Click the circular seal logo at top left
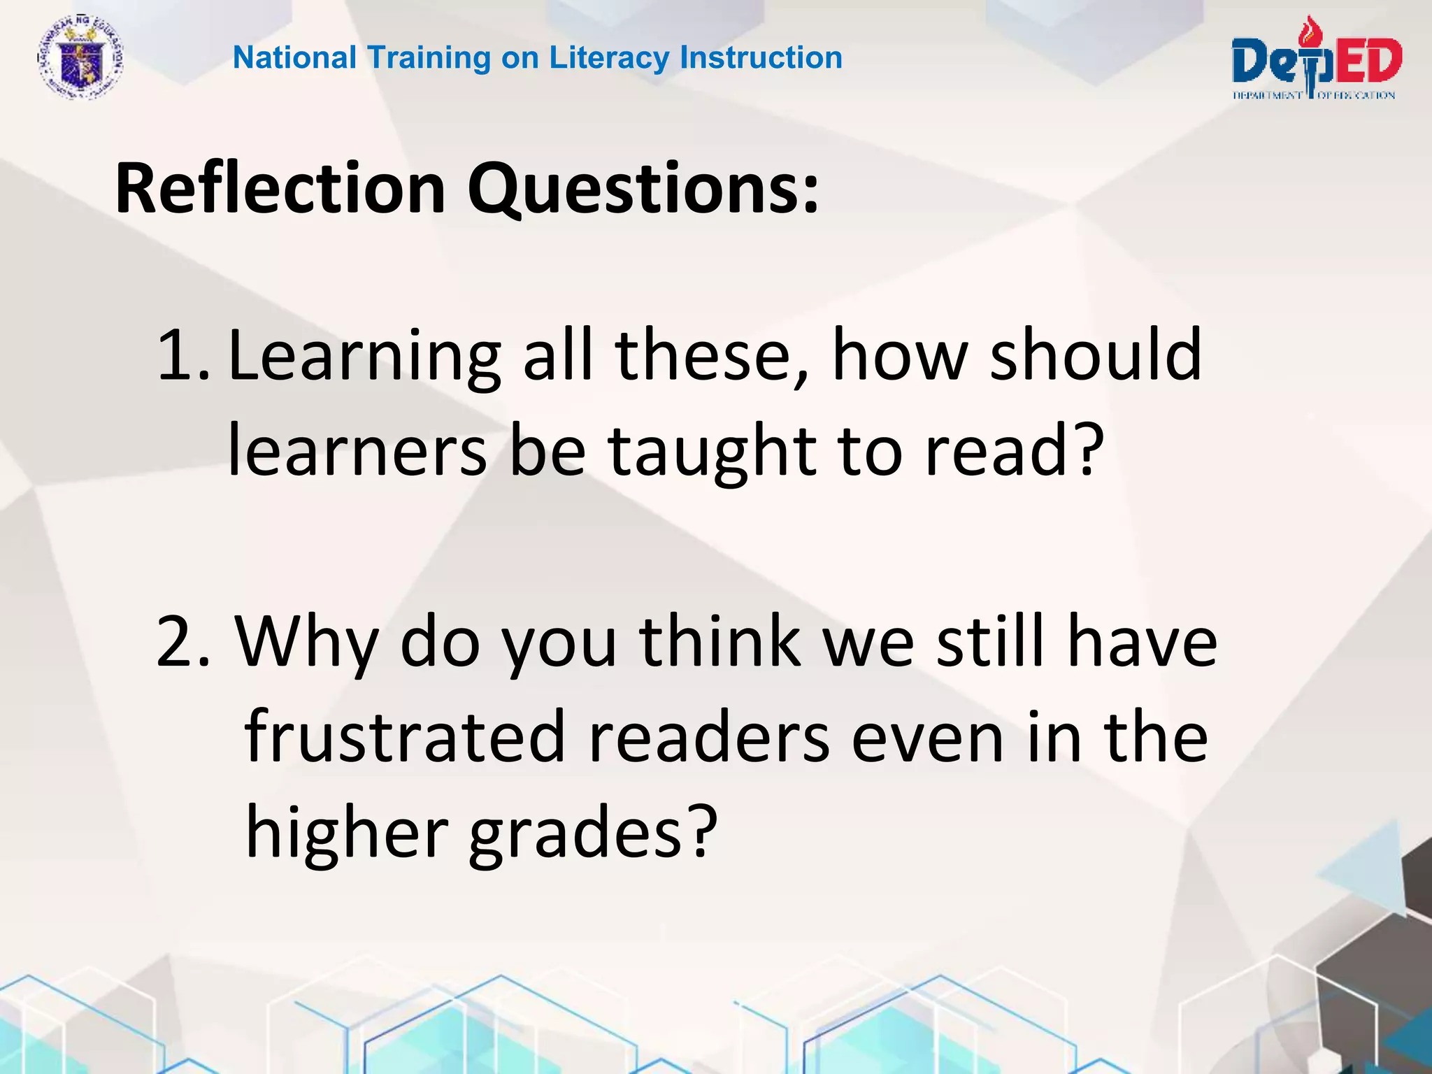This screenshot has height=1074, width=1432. [x=80, y=59]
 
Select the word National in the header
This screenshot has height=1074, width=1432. [x=294, y=57]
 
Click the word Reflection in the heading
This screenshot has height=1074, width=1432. [x=280, y=189]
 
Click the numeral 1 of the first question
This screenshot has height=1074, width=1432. [x=175, y=357]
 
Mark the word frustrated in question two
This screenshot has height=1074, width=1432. [x=405, y=737]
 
